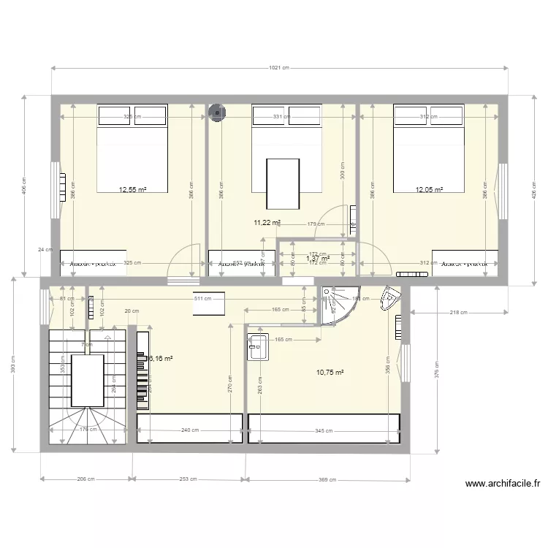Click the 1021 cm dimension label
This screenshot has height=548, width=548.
[280, 68]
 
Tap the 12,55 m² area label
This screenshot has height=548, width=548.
[132, 189]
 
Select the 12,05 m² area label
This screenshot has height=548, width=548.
[430, 189]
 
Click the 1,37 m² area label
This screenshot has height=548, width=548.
[317, 258]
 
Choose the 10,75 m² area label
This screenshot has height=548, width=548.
[330, 372]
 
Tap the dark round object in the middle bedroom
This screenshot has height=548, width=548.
[217, 112]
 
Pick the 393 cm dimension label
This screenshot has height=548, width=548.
[12, 364]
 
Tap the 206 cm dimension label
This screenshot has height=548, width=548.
[86, 480]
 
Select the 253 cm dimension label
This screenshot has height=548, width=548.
[189, 480]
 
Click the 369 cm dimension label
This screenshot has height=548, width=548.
[327, 480]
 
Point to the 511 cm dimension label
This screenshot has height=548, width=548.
[203, 298]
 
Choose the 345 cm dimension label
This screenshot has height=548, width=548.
[324, 430]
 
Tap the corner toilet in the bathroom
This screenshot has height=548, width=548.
[389, 300]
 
